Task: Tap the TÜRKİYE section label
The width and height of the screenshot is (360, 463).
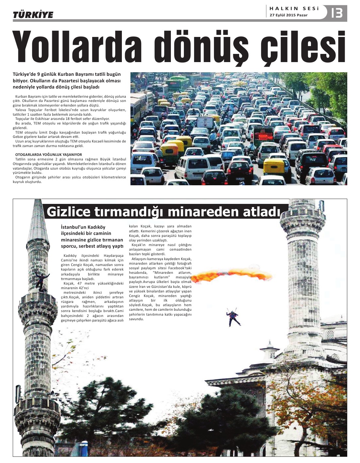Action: (x=33, y=15)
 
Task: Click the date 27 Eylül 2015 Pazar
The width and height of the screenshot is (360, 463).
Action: (x=288, y=15)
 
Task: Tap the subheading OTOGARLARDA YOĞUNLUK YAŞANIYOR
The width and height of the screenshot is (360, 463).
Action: (x=49, y=155)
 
